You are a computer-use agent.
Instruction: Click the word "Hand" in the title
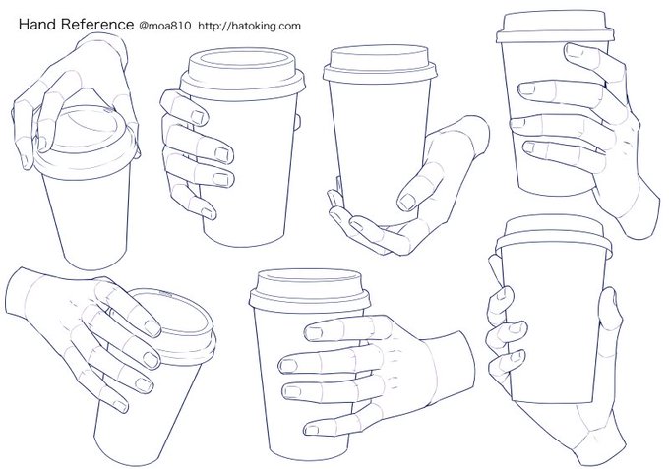[37, 25]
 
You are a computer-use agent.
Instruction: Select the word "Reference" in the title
[97, 25]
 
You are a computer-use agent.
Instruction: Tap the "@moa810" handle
[164, 26]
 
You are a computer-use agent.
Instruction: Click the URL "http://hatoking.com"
[250, 26]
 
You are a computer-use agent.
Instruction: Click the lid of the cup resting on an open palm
[380, 64]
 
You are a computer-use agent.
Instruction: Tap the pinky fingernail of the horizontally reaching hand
[312, 430]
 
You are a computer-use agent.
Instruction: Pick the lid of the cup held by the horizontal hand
[310, 290]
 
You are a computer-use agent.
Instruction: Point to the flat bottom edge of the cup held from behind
[553, 400]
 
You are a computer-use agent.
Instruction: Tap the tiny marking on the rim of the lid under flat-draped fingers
[165, 293]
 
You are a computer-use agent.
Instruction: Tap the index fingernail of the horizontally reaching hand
[314, 333]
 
